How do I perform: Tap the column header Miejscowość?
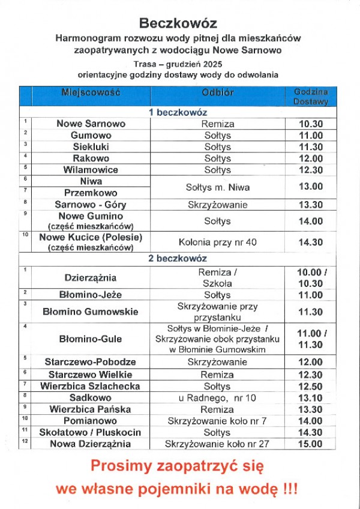91,93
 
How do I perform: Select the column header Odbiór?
217,93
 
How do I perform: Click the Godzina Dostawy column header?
311,97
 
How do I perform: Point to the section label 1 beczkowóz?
178,112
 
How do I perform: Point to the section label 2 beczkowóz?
178,259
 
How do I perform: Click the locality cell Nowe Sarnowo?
91,124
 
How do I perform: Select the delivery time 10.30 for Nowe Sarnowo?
311,124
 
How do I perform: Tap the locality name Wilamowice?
91,170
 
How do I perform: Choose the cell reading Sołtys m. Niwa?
217,187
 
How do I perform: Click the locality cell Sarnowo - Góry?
91,205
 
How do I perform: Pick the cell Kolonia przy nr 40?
217,242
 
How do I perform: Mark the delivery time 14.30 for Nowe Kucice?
311,242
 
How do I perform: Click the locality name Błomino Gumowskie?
91,312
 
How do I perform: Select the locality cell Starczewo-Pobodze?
91,362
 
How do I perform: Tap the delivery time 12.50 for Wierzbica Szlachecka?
311,386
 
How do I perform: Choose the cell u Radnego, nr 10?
217,397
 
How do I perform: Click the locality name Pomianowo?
91,421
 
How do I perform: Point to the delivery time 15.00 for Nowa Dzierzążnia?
311,444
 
